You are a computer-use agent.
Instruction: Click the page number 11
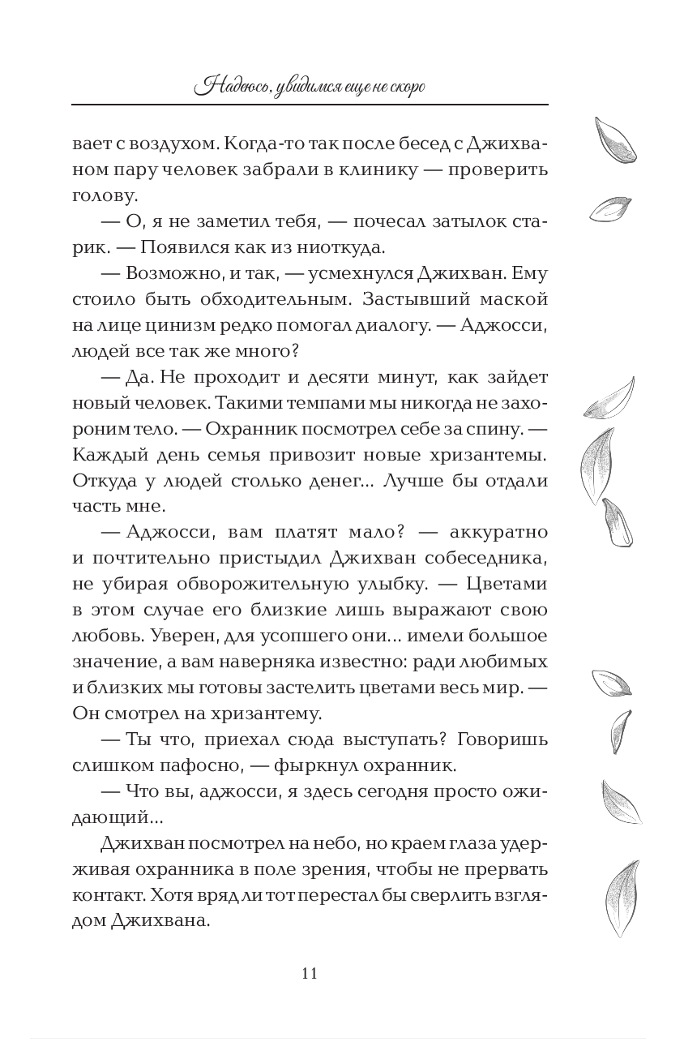[309, 973]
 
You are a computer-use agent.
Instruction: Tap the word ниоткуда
[353, 247]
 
